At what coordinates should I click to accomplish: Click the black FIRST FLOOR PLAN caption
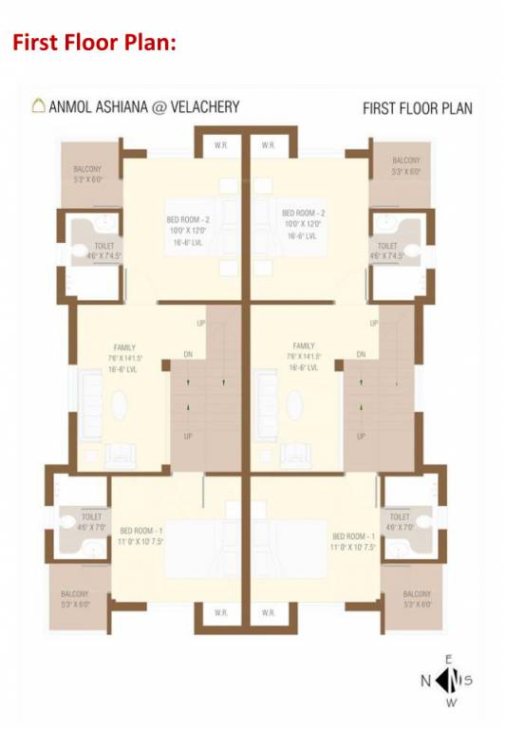[417, 108]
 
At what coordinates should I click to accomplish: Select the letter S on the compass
[468, 680]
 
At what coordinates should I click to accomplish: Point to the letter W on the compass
[449, 703]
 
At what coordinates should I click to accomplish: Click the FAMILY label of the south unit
[304, 346]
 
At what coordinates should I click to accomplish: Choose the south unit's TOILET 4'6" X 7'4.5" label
[387, 250]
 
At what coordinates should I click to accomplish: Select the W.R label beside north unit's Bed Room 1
[220, 612]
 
